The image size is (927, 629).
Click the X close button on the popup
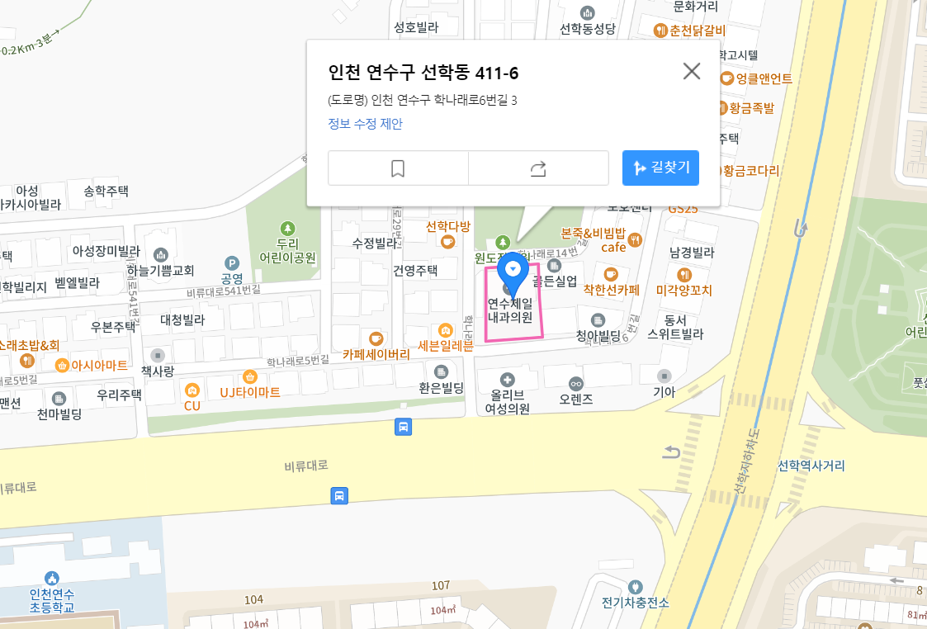692,71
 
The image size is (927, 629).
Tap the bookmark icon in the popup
398,168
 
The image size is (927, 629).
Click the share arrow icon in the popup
538,168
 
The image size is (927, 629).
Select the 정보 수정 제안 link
365,124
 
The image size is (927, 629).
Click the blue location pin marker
513,272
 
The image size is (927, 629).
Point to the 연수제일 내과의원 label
510,310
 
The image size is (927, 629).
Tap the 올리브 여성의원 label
507,401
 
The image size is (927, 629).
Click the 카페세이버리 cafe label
376,354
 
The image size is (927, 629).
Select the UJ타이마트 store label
250,391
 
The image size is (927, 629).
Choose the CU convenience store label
192,405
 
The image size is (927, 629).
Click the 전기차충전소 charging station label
635,602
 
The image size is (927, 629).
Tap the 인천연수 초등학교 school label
52,600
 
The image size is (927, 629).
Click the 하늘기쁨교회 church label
161,270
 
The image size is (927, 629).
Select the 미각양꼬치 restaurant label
683,290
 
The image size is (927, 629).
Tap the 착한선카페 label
612,289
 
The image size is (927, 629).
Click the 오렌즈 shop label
576,399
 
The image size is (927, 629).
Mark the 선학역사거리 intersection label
811,466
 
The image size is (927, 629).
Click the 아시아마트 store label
99,365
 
